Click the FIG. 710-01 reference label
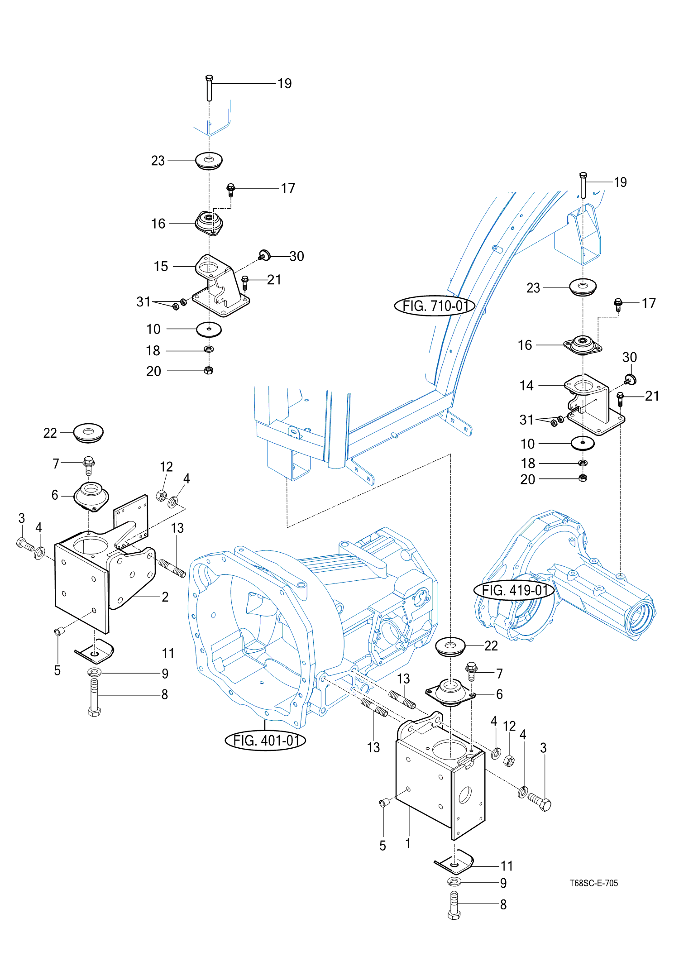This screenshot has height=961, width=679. pos(435,306)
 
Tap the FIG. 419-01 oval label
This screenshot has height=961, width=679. pos(514,590)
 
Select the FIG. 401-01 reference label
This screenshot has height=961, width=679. pos(266,741)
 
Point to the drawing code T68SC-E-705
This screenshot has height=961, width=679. pos(593,883)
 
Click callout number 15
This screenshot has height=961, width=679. pos(161,266)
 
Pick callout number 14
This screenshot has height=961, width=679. pos(526,386)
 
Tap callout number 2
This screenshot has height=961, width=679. pos(165,597)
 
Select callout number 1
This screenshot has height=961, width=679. pos(408,843)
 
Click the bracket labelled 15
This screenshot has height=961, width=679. pos(221,285)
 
